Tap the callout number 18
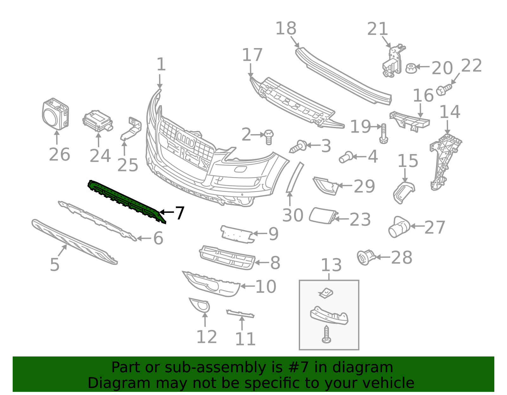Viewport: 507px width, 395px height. click(x=286, y=28)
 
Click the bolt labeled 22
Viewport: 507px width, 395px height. click(x=444, y=90)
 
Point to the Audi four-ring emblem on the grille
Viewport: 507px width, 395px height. click(x=185, y=140)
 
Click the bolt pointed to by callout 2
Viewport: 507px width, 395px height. click(x=268, y=137)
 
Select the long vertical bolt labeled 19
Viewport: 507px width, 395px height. click(x=383, y=133)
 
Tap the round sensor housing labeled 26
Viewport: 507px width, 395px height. click(x=55, y=114)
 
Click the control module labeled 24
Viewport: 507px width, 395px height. click(x=98, y=121)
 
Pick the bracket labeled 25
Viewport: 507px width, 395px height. click(x=132, y=129)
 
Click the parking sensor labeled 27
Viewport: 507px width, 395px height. click(x=399, y=227)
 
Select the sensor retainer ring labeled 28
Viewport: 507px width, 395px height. click(x=366, y=257)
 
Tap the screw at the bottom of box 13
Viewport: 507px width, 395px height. click(x=326, y=335)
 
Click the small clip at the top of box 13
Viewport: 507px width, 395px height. click(x=326, y=293)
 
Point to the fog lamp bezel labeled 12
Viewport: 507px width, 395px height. click(x=200, y=305)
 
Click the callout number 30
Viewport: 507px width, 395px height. click(x=293, y=215)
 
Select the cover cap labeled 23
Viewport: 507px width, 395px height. click(x=323, y=216)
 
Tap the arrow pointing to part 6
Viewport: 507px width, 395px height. click(x=144, y=238)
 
